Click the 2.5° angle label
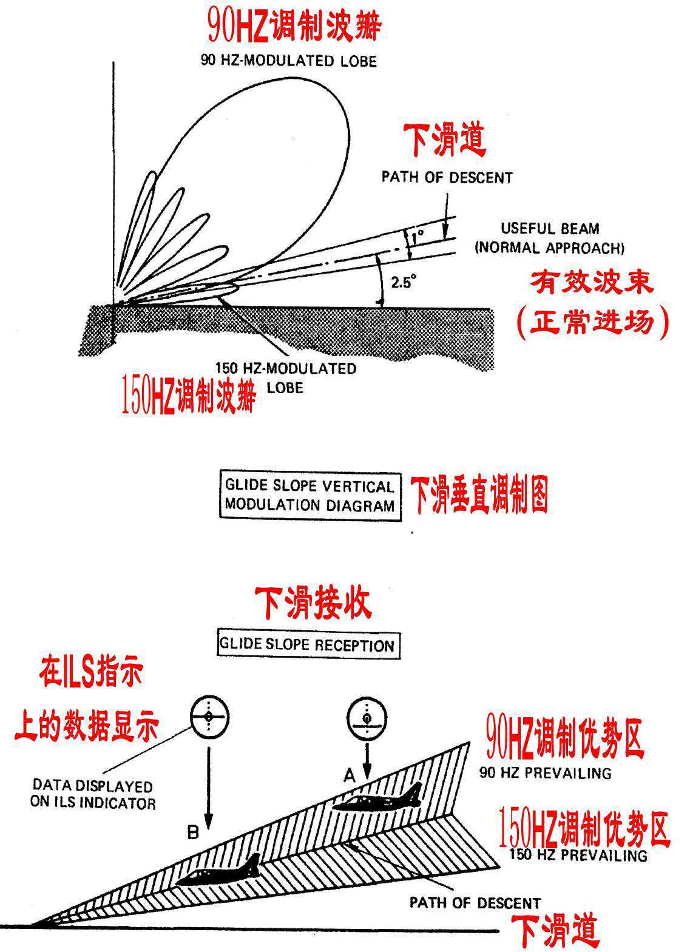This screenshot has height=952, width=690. point(402,282)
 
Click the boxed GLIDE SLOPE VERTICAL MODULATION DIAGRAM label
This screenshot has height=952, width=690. point(309,496)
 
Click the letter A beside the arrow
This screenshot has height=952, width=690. point(350,775)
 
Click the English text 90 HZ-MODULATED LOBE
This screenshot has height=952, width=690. point(288,61)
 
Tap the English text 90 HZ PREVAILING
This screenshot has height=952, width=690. point(545,773)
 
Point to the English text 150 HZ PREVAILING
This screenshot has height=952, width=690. point(578,856)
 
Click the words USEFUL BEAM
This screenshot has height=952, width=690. point(549,229)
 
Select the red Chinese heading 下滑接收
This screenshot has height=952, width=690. point(312,603)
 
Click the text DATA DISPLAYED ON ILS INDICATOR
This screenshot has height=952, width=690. point(92,795)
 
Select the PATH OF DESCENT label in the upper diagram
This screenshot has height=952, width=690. point(447,178)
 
